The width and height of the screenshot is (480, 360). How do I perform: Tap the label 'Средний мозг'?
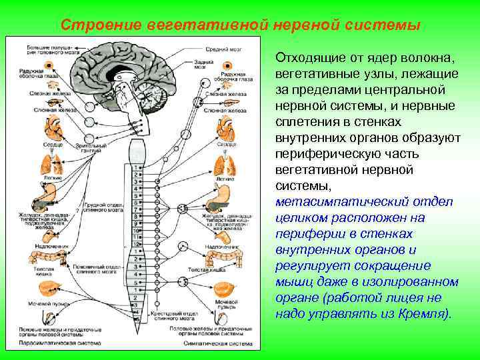[x=223, y=49]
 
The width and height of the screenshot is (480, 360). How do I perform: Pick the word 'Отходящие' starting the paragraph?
[x=309, y=58]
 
